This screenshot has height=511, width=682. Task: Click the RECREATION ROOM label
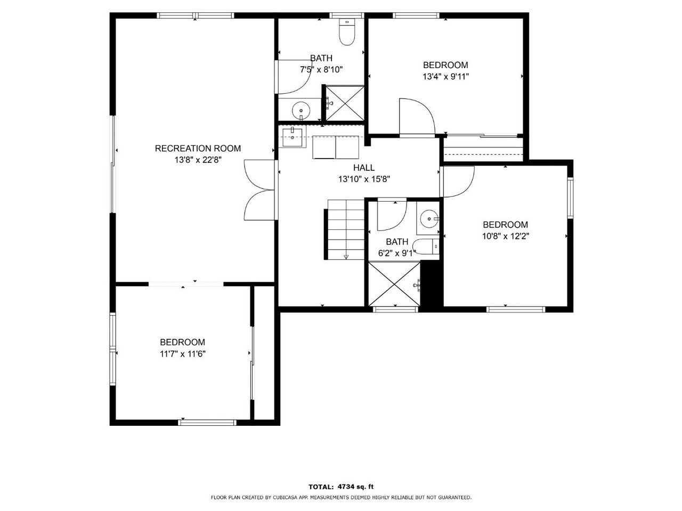(x=198, y=149)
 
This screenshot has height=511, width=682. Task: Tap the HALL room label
(x=364, y=168)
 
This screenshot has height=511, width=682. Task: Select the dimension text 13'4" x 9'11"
(x=445, y=77)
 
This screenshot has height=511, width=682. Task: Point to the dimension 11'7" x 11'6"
(x=183, y=353)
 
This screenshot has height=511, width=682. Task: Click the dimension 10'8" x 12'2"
(x=506, y=236)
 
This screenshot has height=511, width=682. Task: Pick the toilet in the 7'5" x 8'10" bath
(x=347, y=32)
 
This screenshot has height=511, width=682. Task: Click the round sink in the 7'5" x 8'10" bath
(x=301, y=111)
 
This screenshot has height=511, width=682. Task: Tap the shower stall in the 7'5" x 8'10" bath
(x=345, y=103)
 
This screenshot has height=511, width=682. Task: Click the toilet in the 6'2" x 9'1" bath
(x=426, y=247)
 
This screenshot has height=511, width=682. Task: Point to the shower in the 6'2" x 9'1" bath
(x=394, y=284)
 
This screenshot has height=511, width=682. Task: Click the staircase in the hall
(x=344, y=229)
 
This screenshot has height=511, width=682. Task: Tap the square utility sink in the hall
(x=292, y=137)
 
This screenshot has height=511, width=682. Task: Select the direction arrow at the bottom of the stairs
(x=346, y=257)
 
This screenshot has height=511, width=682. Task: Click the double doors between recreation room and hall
(x=261, y=190)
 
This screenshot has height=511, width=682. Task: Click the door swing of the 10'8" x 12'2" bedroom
(x=458, y=182)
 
